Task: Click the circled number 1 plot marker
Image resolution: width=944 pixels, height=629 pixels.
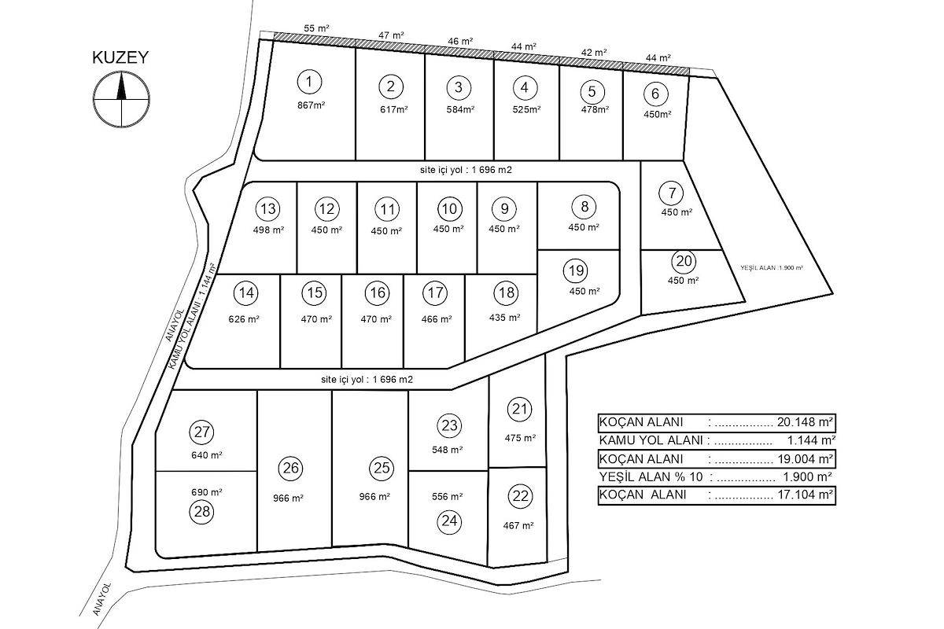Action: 309,82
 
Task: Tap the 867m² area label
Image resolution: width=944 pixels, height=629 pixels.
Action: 311,105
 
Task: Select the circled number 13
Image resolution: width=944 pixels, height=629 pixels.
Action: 268,208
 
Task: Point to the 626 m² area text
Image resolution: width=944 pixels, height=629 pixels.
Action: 244,319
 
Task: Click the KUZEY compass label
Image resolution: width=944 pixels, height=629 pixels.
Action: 120,57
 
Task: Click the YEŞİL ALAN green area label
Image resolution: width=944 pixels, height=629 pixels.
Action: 772,267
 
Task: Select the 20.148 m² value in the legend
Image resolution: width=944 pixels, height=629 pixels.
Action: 805,421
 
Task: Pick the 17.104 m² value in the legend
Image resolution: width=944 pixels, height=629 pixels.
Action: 805,495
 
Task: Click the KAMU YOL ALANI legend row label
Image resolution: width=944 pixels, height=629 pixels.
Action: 651,440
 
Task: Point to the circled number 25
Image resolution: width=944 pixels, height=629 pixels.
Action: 382,468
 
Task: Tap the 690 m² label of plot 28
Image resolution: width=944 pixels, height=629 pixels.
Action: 206,492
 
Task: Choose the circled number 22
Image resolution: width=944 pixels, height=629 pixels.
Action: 521,496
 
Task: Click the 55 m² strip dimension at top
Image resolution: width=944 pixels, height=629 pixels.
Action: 316,28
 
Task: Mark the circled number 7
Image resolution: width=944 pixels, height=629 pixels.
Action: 672,193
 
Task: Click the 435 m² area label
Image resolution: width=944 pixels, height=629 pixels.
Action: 504,317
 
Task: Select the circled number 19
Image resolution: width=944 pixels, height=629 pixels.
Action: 576,270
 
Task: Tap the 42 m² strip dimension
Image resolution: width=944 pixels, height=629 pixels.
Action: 594,53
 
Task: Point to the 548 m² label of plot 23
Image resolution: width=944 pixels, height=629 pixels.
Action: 447,450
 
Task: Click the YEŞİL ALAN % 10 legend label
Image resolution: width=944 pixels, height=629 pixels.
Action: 651,477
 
